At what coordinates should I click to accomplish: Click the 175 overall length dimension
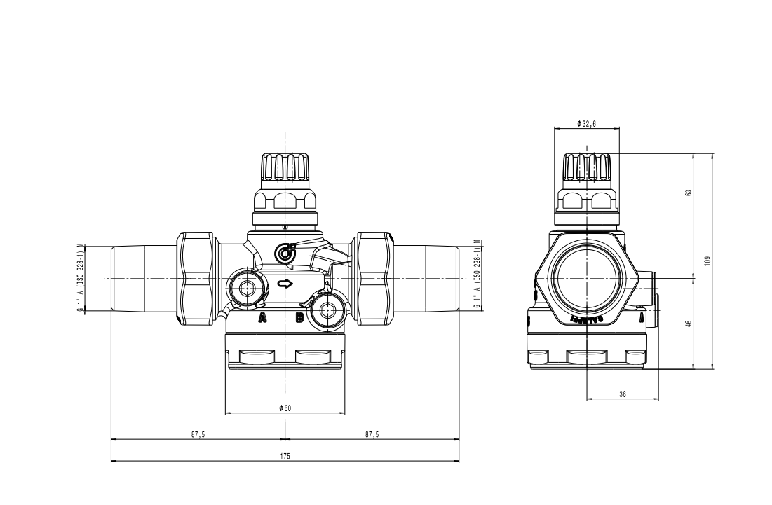(x=285, y=456)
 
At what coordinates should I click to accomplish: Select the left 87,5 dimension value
(x=198, y=435)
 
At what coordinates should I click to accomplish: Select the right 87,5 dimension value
(x=372, y=435)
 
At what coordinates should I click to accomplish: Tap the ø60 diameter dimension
(x=285, y=408)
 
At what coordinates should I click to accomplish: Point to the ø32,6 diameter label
(x=587, y=123)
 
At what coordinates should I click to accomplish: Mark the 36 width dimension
(x=623, y=394)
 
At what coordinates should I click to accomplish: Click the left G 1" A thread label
(x=81, y=278)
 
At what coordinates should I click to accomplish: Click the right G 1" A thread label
(x=477, y=278)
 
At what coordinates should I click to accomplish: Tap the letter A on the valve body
(x=263, y=319)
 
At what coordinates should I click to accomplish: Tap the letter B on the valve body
(x=299, y=319)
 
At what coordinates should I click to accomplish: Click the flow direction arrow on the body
(x=285, y=284)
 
